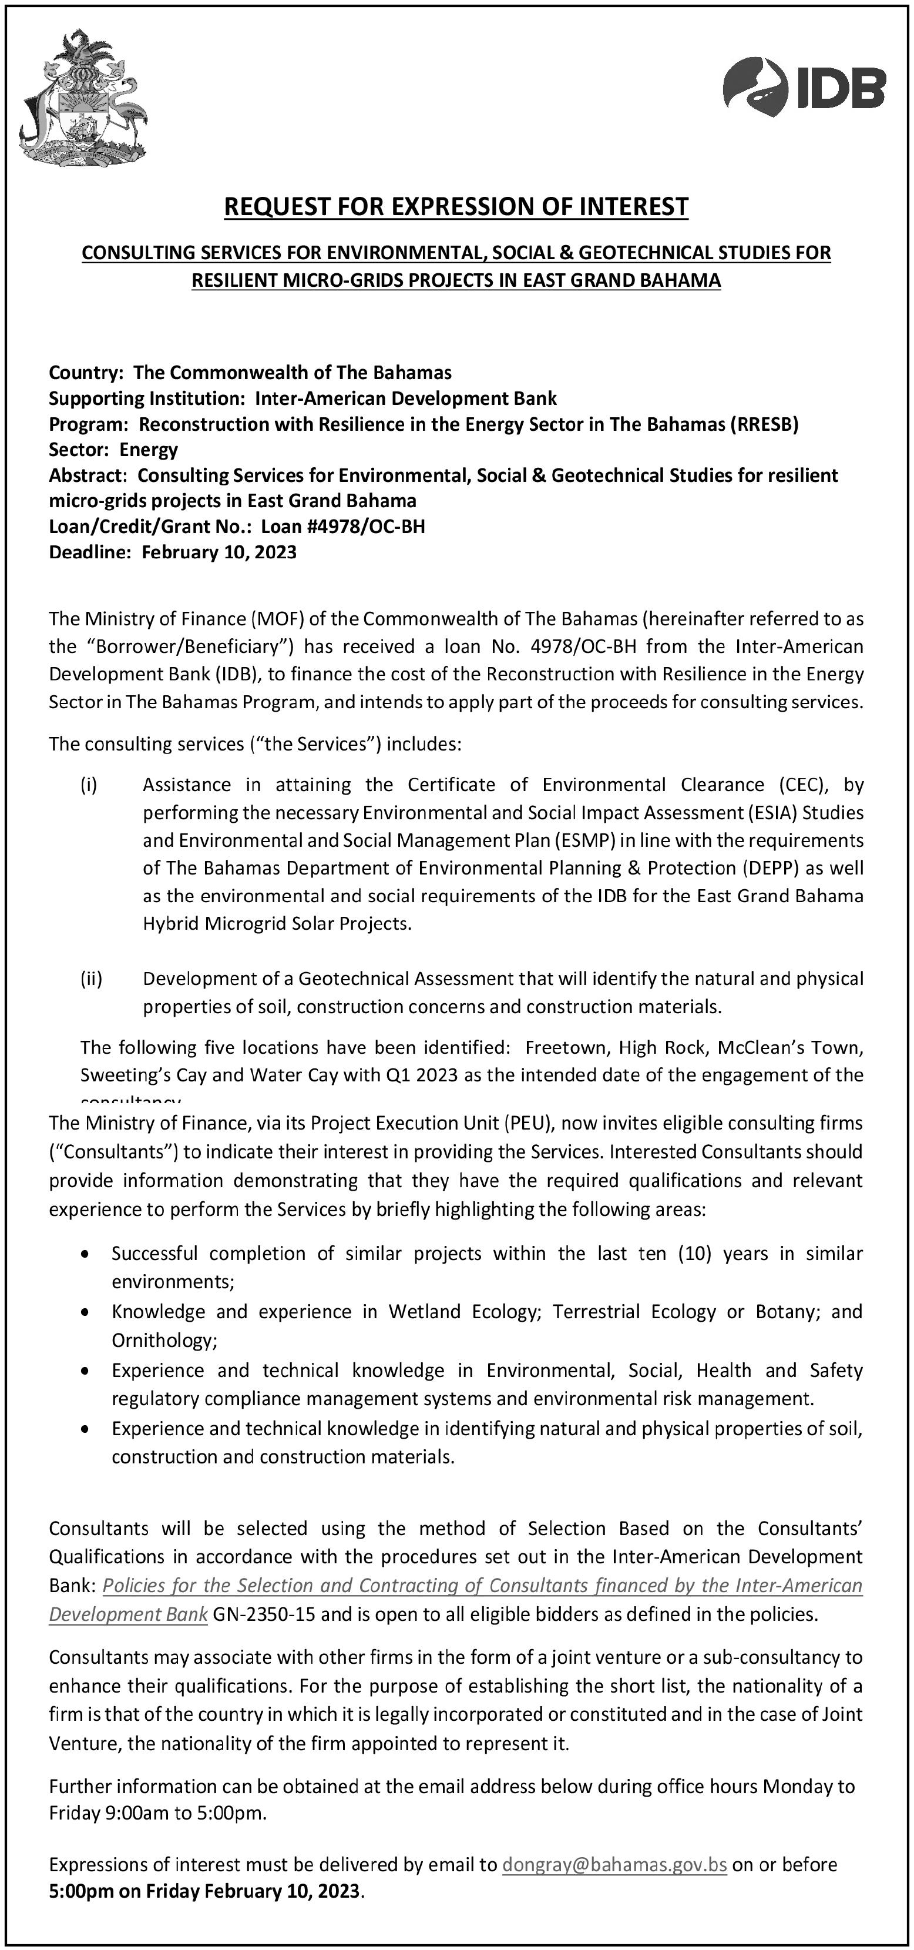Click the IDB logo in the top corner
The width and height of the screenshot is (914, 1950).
804,87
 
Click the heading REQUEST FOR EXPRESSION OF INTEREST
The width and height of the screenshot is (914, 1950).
456,207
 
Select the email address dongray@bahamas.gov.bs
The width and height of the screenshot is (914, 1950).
614,1864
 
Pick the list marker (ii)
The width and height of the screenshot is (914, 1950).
91,978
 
